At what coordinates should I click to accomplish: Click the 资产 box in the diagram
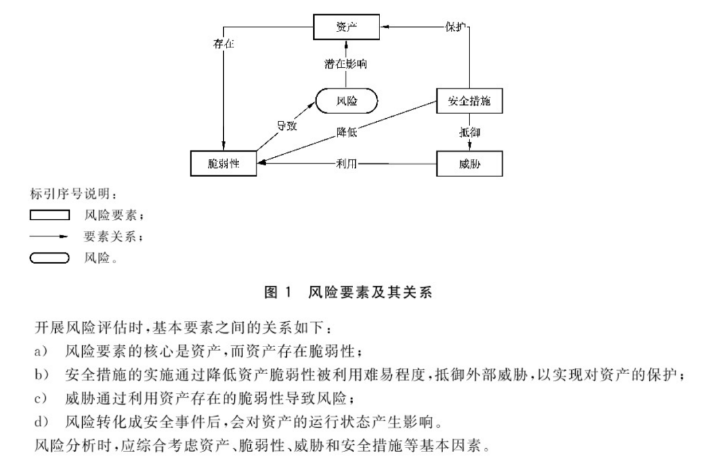coord(347,26)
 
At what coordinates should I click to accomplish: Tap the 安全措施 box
coord(470,102)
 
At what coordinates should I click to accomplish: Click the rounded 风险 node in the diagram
coord(347,102)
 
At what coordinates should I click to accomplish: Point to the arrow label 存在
coord(224,45)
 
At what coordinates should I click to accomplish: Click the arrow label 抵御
coord(470,133)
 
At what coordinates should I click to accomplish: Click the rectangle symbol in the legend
coord(50,215)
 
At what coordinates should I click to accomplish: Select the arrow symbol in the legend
coord(50,236)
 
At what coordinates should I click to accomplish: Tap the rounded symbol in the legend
coord(50,257)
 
